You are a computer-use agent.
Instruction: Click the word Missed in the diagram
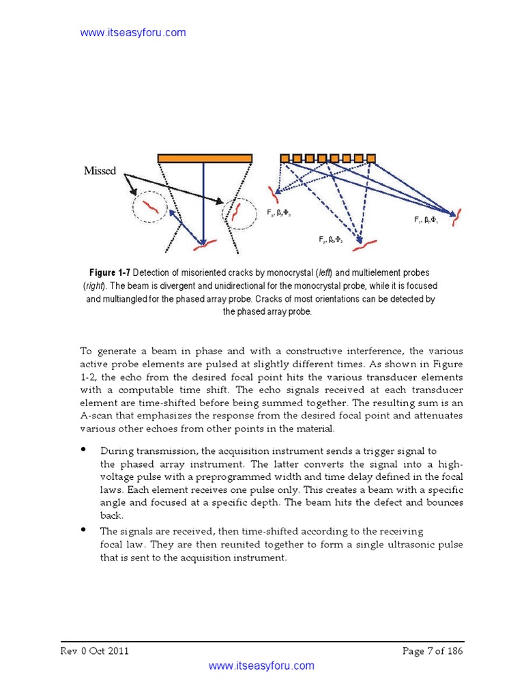click(100, 171)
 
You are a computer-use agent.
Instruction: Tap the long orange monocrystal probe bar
click(205, 158)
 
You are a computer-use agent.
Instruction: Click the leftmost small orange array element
click(285, 158)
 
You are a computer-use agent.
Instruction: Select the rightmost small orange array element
click(371, 158)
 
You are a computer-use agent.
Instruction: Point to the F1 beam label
click(426, 220)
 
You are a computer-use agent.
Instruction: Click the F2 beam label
click(330, 240)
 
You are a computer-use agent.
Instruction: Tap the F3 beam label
click(279, 213)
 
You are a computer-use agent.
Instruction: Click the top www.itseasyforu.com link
click(133, 33)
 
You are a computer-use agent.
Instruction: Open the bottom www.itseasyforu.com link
click(261, 666)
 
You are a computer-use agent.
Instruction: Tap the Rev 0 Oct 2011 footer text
click(95, 651)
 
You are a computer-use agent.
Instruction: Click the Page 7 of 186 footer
click(433, 651)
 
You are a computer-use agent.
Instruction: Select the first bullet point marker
click(84, 450)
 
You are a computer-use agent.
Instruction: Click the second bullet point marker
click(84, 530)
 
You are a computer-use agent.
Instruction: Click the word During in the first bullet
click(117, 451)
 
